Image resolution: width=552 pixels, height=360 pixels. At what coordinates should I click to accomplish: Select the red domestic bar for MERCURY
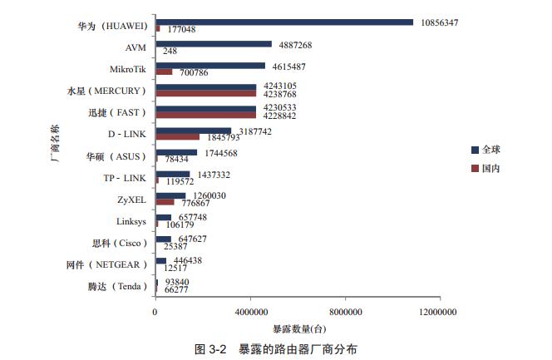(x=205, y=94)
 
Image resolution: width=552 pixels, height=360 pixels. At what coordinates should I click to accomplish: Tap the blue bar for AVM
(x=214, y=43)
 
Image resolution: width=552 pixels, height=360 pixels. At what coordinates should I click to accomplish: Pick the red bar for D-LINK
(x=178, y=136)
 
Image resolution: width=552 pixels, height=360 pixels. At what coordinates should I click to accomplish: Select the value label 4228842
(x=280, y=116)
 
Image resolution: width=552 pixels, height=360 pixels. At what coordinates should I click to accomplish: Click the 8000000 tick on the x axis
(x=344, y=312)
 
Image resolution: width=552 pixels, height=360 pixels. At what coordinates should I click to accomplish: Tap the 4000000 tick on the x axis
(x=249, y=312)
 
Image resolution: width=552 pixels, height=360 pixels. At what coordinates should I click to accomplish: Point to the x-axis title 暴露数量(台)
(x=297, y=328)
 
